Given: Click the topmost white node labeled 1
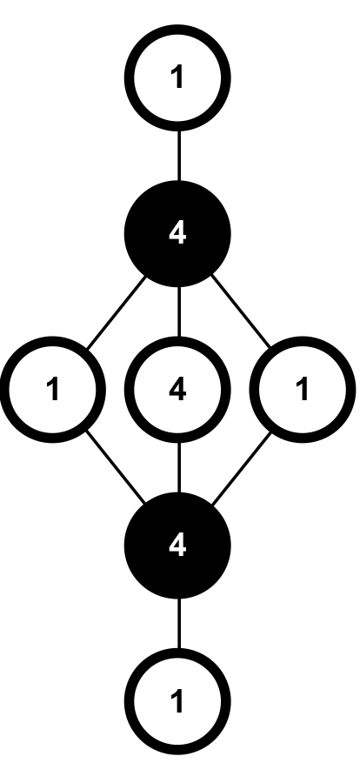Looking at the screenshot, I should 178,77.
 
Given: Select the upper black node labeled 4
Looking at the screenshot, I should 178,233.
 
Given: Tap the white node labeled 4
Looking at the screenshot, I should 178,390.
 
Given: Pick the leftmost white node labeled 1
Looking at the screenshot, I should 54,390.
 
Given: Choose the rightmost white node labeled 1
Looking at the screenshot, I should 303,390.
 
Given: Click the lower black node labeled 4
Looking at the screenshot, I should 178,545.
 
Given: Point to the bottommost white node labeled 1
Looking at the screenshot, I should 178,701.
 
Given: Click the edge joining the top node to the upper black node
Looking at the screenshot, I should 178,155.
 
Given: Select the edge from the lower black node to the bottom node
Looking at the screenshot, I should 178,624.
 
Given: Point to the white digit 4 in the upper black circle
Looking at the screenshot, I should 177,233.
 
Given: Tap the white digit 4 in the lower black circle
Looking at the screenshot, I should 177,545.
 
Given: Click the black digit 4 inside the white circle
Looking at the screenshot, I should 177,390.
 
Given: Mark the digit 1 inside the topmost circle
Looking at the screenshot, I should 178,77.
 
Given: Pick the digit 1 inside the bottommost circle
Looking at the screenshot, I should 178,701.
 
